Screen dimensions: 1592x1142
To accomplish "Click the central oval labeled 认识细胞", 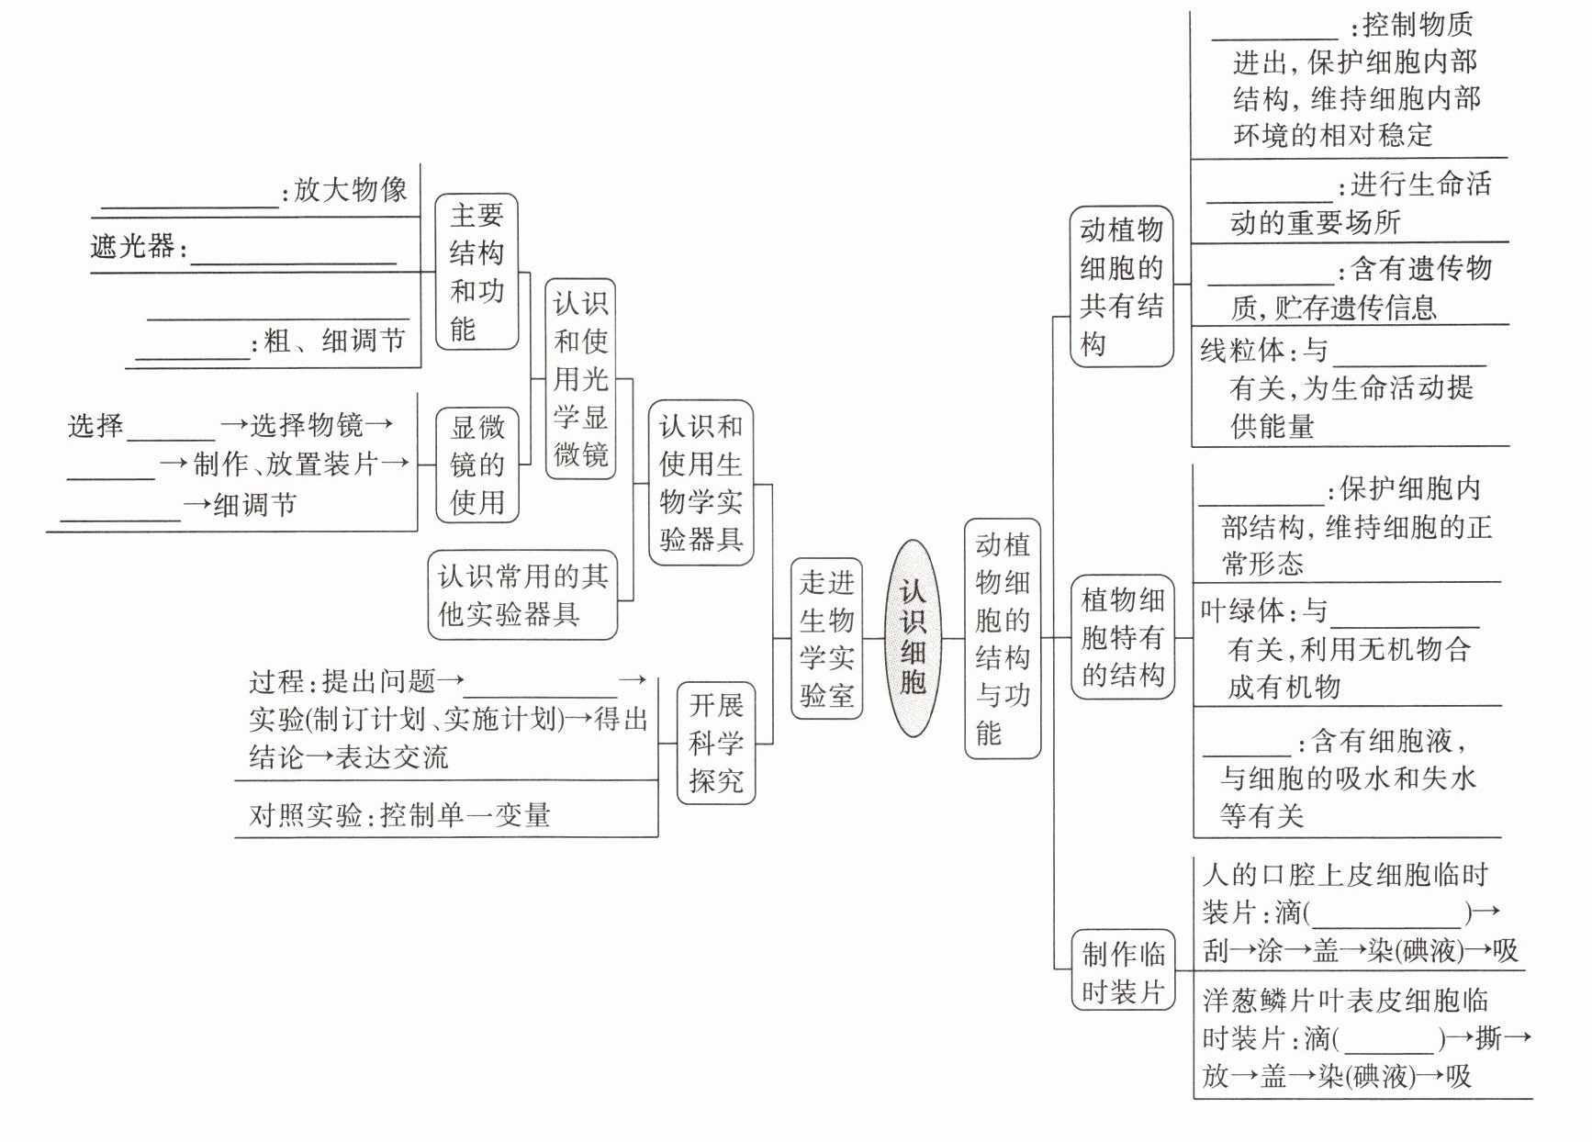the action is [x=913, y=638].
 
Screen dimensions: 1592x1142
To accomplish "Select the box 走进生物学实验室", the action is [x=826, y=638].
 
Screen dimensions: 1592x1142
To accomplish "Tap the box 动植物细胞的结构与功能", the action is [x=1002, y=638].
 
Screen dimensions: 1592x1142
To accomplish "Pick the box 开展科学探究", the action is [x=716, y=743].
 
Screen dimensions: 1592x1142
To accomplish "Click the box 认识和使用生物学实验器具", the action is [x=701, y=482].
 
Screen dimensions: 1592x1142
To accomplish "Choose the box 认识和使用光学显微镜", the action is [x=580, y=378].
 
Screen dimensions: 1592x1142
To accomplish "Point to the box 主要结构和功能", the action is [x=476, y=272].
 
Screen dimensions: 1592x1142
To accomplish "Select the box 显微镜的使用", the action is [x=476, y=465].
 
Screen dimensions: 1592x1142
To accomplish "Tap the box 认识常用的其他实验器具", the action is [x=522, y=595].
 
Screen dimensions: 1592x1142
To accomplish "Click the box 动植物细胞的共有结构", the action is [x=1121, y=286].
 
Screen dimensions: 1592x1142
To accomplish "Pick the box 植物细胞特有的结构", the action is [x=1123, y=637].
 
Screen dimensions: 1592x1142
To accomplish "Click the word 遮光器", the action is [x=132, y=246].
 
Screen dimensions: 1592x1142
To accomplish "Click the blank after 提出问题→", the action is [x=540, y=690].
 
